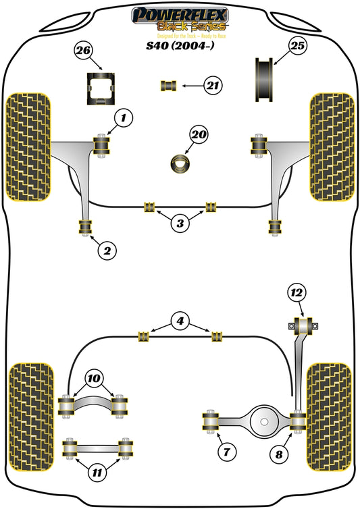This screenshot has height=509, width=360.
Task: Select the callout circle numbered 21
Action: tap(213, 85)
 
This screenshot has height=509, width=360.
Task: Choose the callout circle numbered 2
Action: tap(106, 251)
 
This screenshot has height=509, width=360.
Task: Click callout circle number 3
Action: tap(178, 224)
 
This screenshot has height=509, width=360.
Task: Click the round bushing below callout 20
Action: tap(180, 163)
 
